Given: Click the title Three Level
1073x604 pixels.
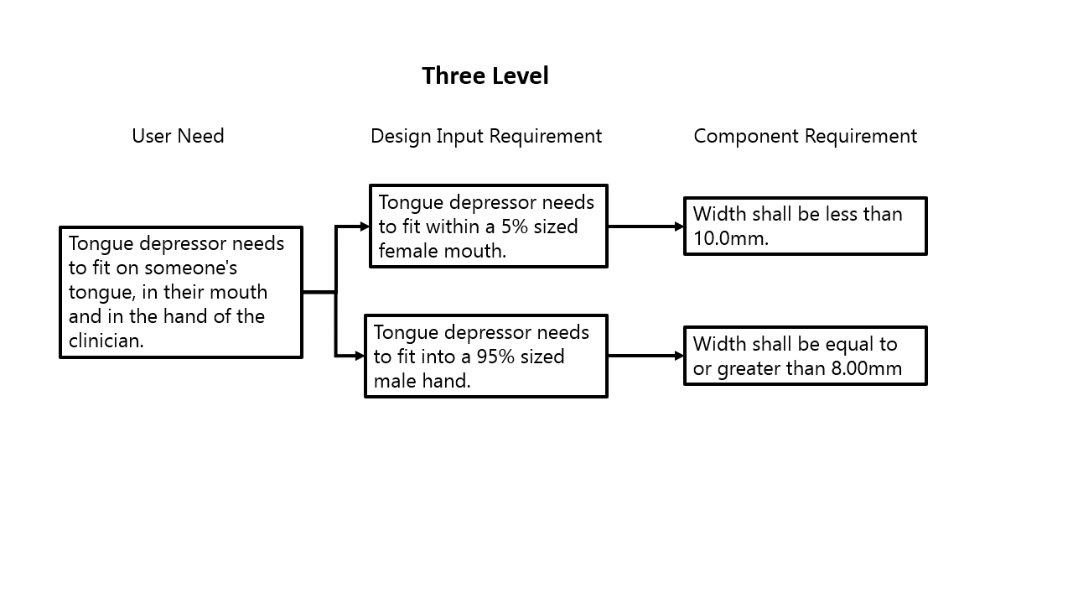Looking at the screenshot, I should [x=485, y=76].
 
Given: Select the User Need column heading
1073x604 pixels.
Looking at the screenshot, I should [x=178, y=136].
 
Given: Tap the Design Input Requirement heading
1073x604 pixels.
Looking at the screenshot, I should [x=486, y=136].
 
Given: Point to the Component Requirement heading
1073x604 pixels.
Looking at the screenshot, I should [x=805, y=136].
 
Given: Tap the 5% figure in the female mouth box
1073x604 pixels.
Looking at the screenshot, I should [x=512, y=226].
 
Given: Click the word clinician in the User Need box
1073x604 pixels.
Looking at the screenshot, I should [x=106, y=341].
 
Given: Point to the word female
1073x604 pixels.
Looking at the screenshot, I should [x=407, y=251].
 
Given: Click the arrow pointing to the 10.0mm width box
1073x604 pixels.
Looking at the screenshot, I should [x=645, y=226].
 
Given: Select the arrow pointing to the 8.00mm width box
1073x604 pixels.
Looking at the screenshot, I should [x=645, y=356].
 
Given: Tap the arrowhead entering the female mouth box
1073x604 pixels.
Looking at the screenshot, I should [x=365, y=226].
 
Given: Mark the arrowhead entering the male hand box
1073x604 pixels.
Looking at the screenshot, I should [x=360, y=356].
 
